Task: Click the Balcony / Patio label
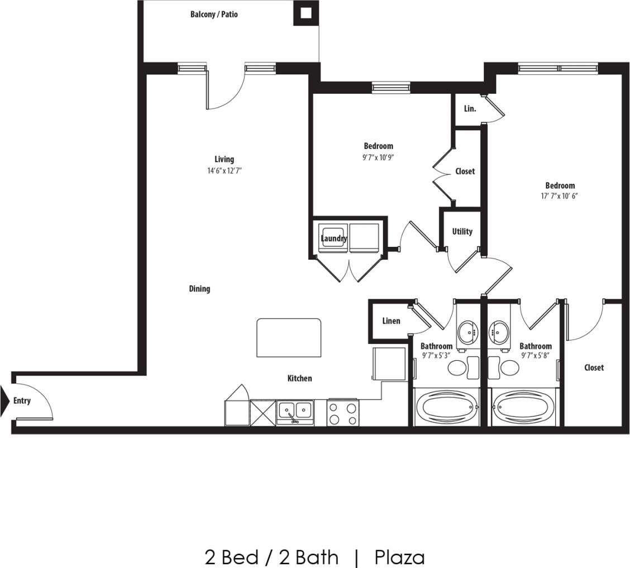tap(214, 14)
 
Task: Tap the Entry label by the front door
tap(22, 400)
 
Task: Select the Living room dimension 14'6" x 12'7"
tap(224, 171)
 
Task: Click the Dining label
tap(199, 289)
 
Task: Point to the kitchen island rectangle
tap(289, 337)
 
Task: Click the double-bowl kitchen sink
tap(295, 413)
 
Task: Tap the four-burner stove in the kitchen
tap(342, 413)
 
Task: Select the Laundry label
tap(334, 238)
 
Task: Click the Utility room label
tap(462, 231)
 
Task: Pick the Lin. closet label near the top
tap(470, 109)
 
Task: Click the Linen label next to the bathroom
tap(391, 321)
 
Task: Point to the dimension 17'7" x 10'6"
tap(559, 196)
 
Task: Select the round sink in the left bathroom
tap(466, 333)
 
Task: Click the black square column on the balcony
tap(306, 13)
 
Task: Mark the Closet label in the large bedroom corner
tap(594, 367)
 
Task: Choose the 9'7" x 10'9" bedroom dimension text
tap(378, 157)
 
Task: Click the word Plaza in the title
tap(399, 557)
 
